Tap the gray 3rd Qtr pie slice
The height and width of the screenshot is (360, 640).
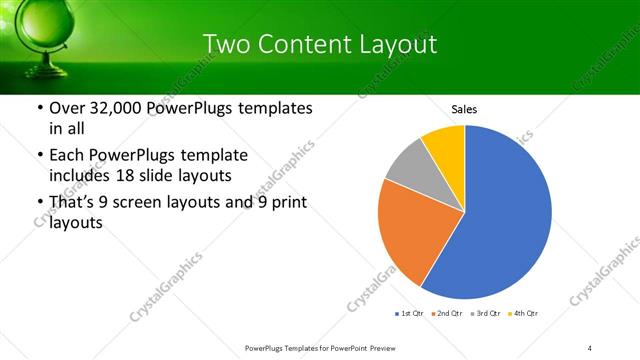[408, 164]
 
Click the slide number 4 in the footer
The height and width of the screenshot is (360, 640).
[590, 347]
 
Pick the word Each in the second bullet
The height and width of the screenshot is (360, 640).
[66, 156]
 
